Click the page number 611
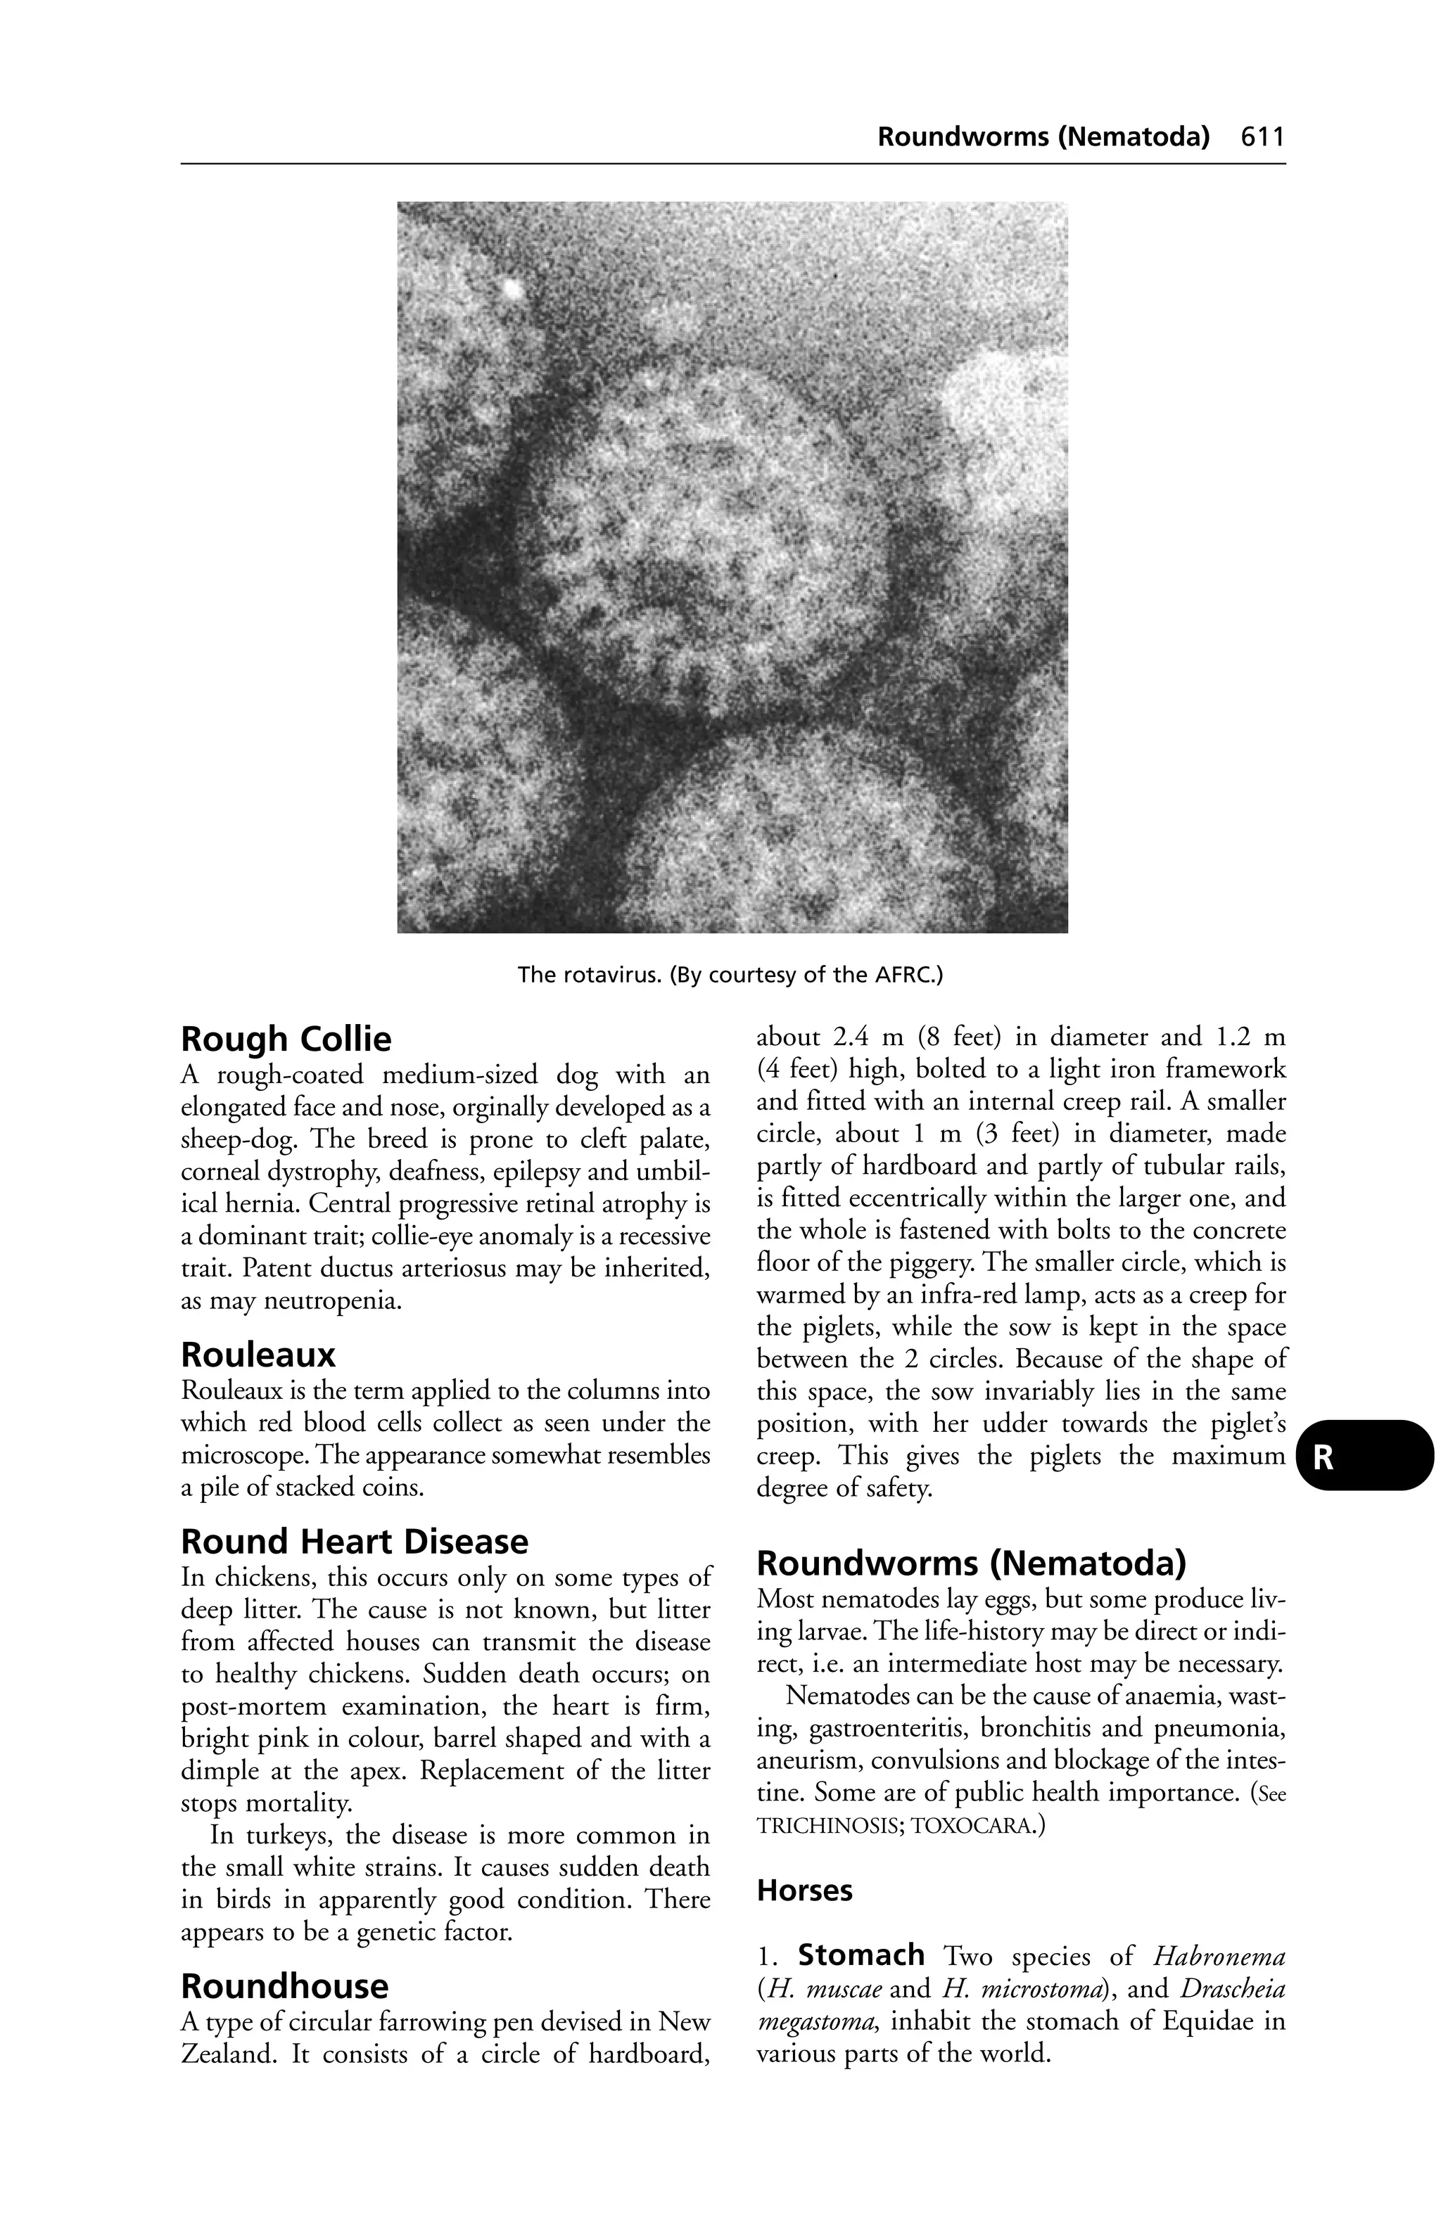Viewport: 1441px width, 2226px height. [x=1262, y=137]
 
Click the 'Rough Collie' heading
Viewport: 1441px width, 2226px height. [x=286, y=1039]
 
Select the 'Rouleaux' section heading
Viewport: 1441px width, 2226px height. [x=258, y=1355]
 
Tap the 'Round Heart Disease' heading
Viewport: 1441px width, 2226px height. [x=354, y=1542]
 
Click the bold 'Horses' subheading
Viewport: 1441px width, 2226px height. [x=804, y=1891]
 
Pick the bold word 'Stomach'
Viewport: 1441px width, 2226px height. [x=861, y=1955]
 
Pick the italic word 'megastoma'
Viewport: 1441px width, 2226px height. [x=817, y=2021]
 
